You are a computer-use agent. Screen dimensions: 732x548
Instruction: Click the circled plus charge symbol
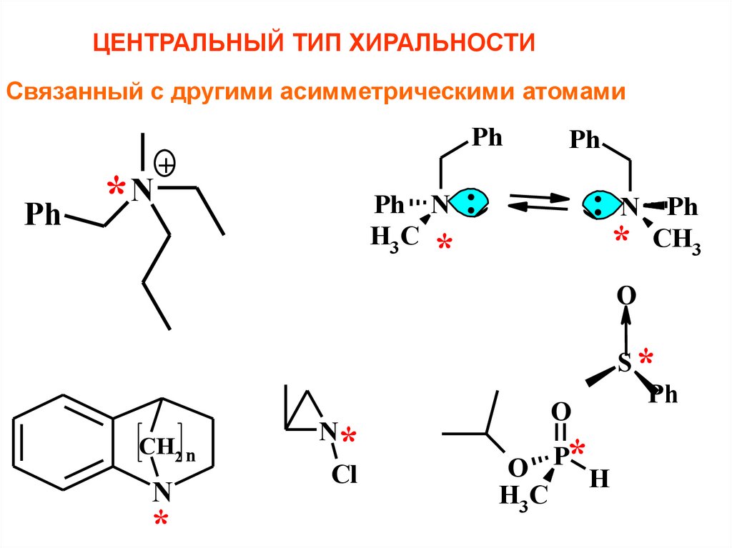(166, 166)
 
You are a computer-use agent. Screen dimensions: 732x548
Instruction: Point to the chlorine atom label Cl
(343, 475)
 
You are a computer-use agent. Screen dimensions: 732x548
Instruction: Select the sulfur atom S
(624, 365)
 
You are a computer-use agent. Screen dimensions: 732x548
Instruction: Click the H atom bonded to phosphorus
(598, 479)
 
